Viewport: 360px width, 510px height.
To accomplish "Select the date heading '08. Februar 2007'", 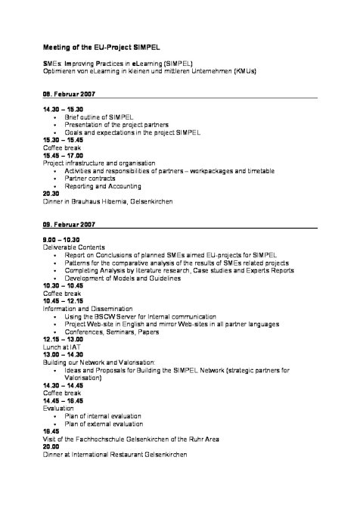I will (x=69, y=95).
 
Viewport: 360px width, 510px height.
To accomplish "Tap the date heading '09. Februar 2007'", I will (x=69, y=225).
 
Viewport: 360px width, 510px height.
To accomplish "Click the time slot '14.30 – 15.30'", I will (x=63, y=110).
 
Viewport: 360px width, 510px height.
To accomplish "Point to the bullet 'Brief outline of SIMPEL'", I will (x=96, y=118).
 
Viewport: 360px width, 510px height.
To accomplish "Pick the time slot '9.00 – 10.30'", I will (x=61, y=239).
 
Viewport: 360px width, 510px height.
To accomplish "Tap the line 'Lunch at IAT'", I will (x=61, y=347).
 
